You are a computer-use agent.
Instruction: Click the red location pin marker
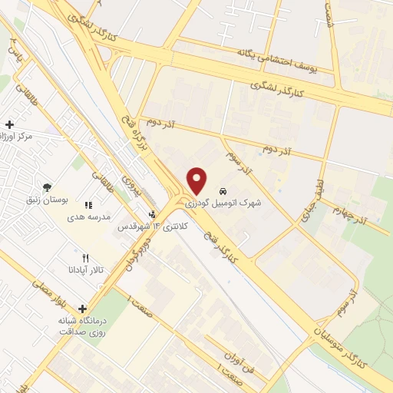(197, 180)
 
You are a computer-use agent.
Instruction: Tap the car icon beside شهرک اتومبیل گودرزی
(223, 190)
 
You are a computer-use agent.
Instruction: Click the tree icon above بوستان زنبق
(48, 187)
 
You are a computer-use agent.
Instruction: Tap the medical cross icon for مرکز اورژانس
(9, 124)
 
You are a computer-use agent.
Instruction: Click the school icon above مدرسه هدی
(89, 206)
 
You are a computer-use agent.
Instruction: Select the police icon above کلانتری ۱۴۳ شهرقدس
(152, 215)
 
